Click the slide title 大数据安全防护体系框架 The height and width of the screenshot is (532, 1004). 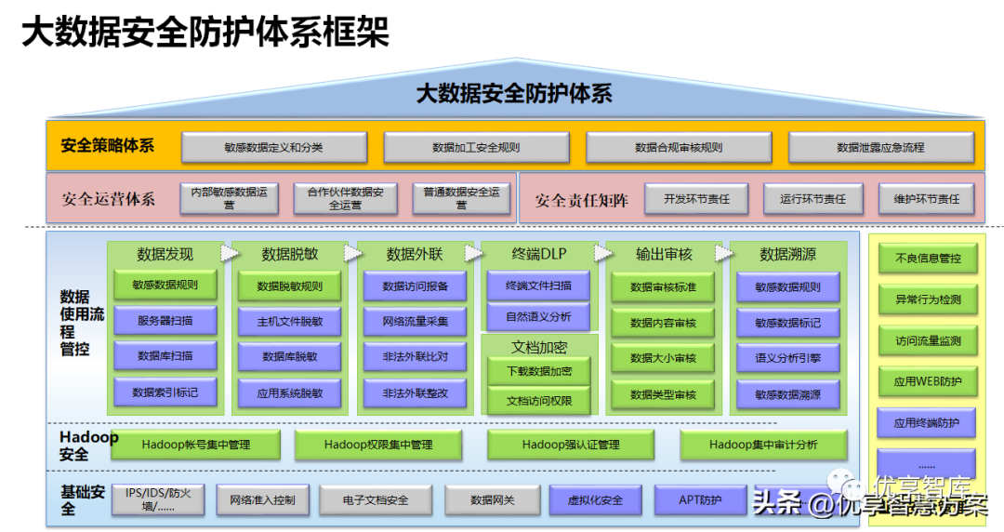[205, 33]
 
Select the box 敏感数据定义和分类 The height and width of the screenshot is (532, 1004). [273, 147]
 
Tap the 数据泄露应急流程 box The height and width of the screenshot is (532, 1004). [880, 147]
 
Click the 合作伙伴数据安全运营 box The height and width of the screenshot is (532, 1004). [345, 197]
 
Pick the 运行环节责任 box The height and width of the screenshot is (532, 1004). [812, 198]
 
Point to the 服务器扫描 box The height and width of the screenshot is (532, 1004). [165, 321]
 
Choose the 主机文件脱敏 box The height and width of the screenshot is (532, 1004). [290, 321]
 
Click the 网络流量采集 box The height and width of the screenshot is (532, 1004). [415, 321]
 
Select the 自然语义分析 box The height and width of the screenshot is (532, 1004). [538, 316]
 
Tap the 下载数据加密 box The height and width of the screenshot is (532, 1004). [538, 371]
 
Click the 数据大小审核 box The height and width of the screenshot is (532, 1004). [663, 357]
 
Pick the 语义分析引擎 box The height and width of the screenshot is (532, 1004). [787, 357]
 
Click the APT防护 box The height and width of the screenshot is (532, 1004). [700, 499]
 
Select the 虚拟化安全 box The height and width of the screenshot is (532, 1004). [595, 499]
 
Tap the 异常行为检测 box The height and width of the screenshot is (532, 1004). [927, 299]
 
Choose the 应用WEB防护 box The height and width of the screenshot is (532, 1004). [927, 381]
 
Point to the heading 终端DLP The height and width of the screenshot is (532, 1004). [538, 254]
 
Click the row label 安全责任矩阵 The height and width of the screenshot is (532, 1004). [581, 199]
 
